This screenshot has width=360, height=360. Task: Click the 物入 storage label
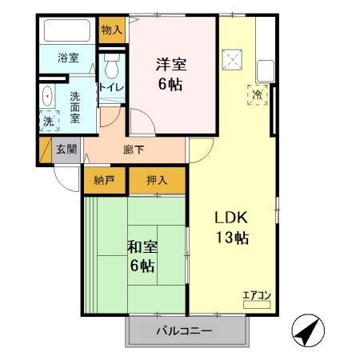112,30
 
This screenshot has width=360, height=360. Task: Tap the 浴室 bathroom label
68,58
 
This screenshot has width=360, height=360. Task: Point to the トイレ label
110,87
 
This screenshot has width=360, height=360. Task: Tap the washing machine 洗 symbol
48,122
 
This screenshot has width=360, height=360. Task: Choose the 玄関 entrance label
66,149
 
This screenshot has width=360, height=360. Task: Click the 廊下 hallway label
134,149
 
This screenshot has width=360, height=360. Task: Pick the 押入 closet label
157,180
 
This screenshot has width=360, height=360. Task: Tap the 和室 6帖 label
141,255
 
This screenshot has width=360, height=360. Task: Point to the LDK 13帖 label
230,227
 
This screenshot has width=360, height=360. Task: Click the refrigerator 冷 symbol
258,94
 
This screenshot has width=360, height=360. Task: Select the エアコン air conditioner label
257,294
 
